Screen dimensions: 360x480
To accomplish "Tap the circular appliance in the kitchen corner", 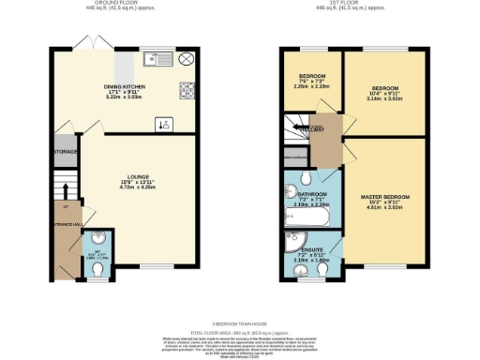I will tap(187, 59).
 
